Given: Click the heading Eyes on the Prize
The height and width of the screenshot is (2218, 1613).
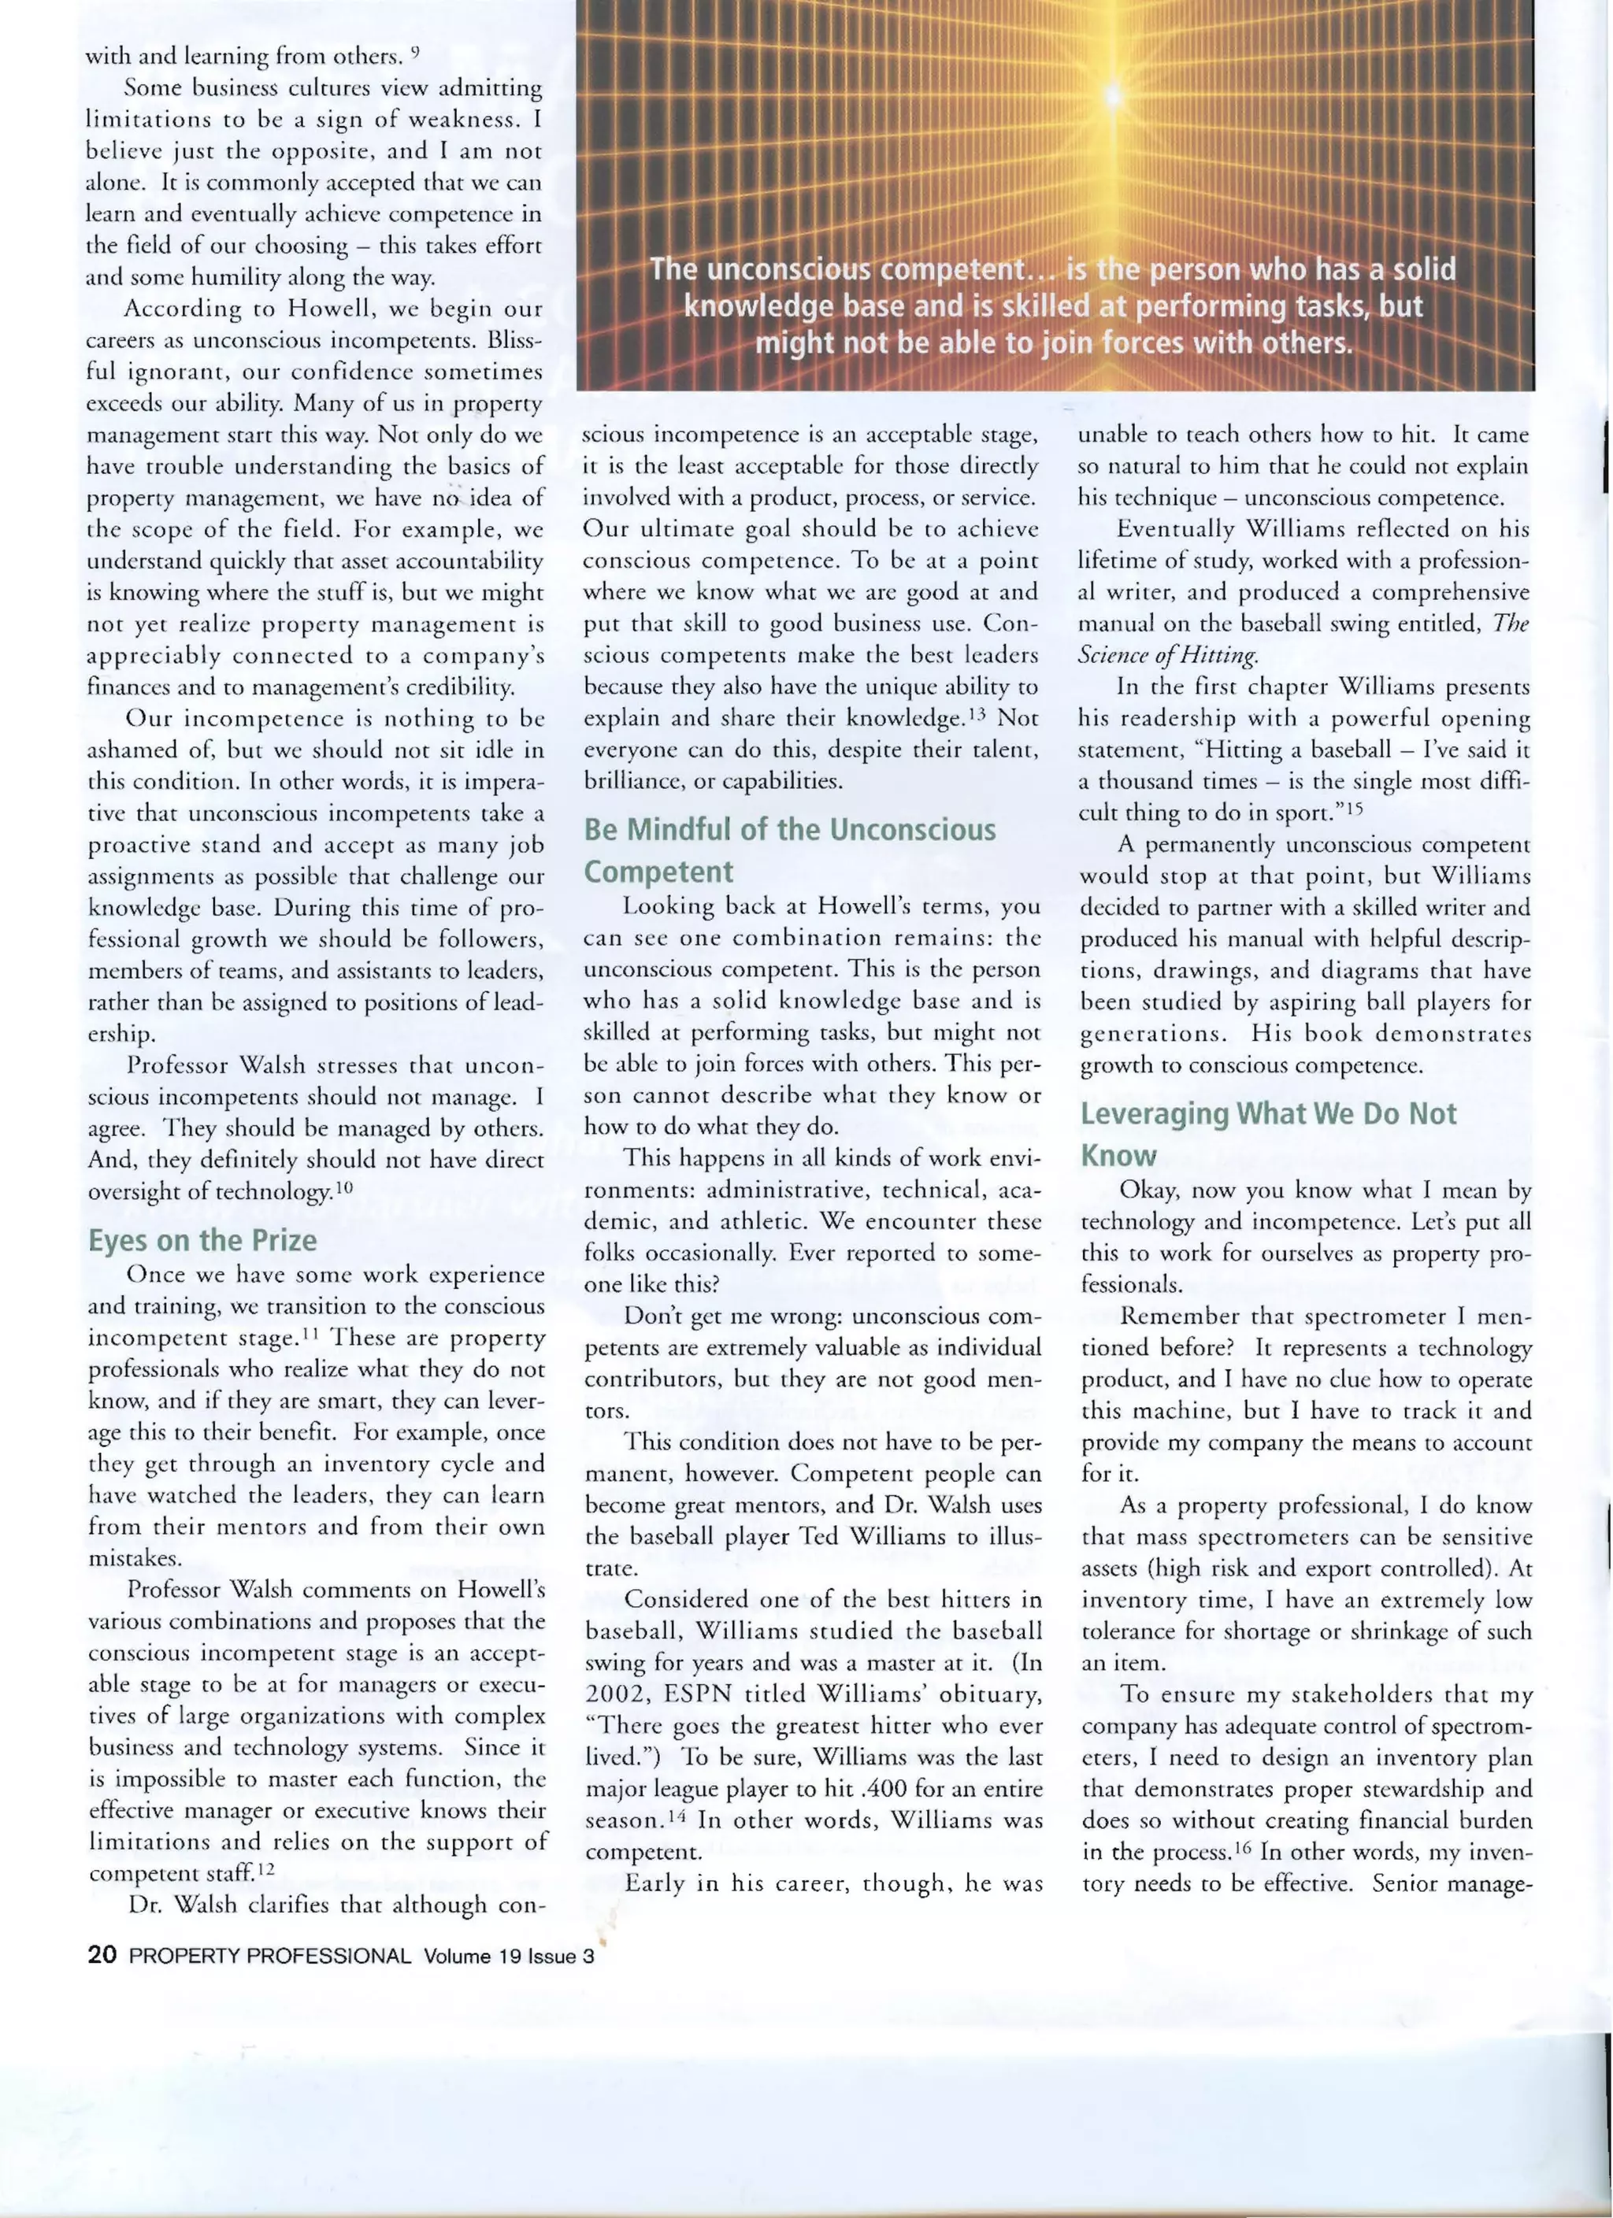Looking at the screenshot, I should [x=202, y=1240].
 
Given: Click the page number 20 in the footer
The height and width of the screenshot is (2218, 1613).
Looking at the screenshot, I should [x=102, y=1955].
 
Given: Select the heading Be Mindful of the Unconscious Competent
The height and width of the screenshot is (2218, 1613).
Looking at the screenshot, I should [x=788, y=849].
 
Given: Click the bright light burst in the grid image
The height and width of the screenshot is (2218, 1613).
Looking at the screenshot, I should [x=1112, y=94].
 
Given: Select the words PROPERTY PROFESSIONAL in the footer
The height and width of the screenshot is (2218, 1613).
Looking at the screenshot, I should [x=270, y=1956].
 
